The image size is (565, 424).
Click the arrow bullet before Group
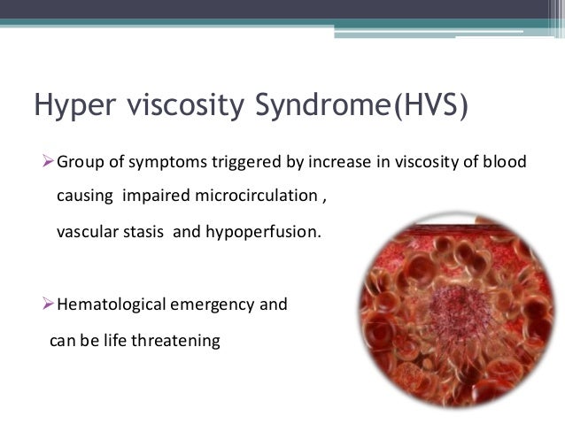click(x=50, y=163)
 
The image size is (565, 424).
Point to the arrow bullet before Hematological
click(x=50, y=305)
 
